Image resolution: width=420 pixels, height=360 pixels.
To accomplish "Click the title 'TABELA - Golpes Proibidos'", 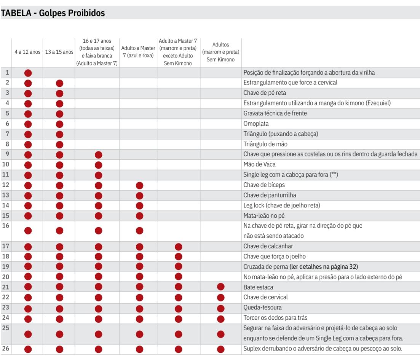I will (53, 13).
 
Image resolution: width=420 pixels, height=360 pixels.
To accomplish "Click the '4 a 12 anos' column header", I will (27, 52).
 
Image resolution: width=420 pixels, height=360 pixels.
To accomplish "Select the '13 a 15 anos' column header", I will (59, 52).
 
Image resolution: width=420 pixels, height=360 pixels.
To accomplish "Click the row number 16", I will (5, 226).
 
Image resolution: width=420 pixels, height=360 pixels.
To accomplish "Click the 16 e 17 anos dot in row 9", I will (99, 155).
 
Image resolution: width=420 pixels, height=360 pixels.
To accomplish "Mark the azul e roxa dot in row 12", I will (139, 185).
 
